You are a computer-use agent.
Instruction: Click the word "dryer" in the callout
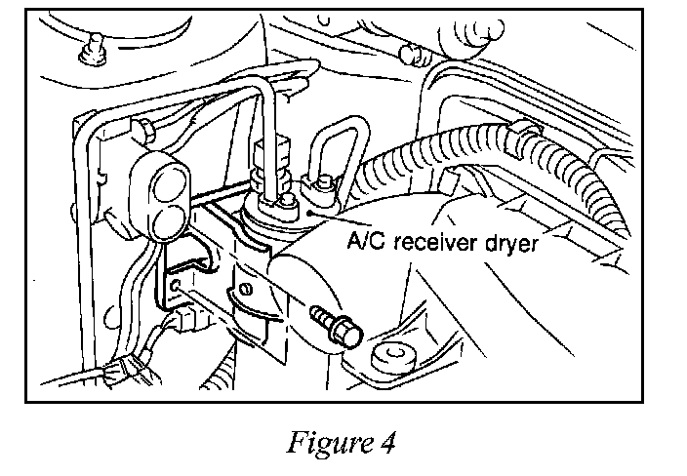coord(511,244)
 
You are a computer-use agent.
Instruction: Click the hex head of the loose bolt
coord(347,333)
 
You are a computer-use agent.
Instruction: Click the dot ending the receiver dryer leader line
coord(309,214)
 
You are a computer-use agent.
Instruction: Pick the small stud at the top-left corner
coord(93,50)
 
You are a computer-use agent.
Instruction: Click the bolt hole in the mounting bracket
coord(176,286)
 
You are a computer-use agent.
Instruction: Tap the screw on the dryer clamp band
coord(245,289)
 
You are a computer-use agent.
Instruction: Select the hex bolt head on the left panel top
coord(143,131)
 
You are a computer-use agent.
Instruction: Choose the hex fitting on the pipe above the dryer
coord(271,151)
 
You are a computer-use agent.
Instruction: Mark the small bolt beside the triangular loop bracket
coord(322,183)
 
